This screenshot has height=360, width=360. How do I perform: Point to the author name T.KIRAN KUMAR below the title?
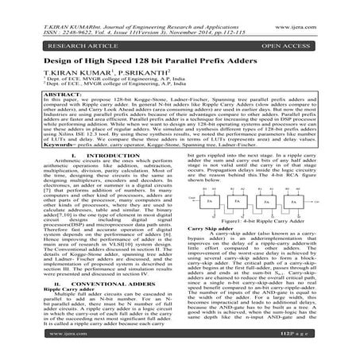pyautogui.click(x=52, y=79)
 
